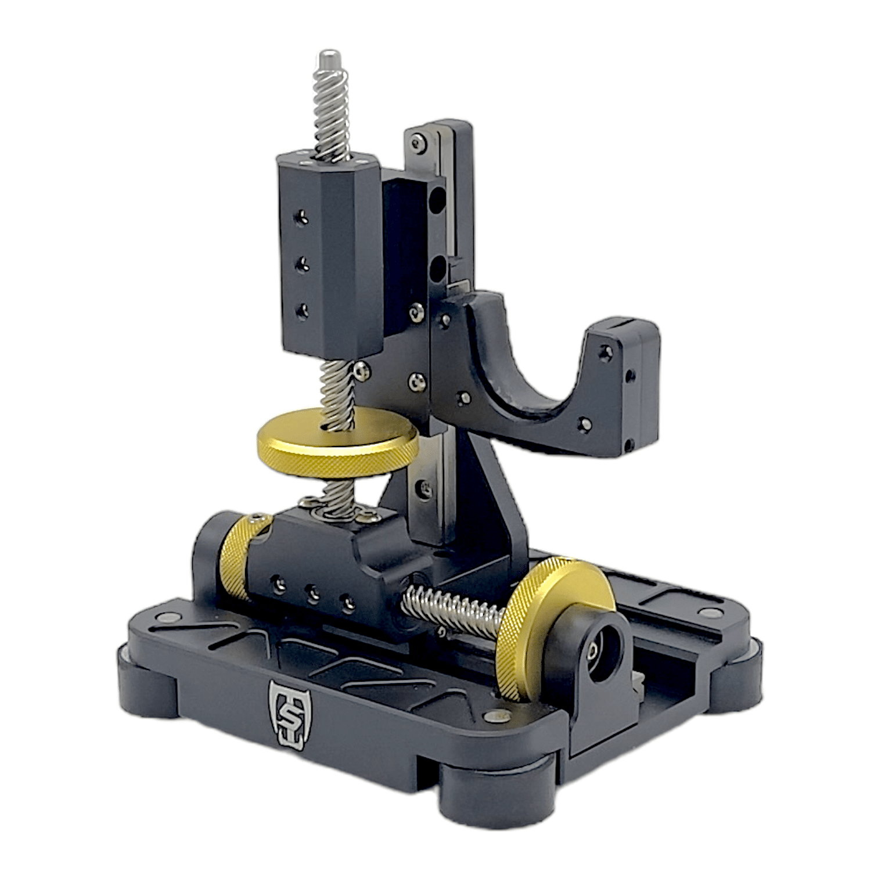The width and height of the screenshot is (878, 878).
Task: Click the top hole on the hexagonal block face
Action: click(301, 217)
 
